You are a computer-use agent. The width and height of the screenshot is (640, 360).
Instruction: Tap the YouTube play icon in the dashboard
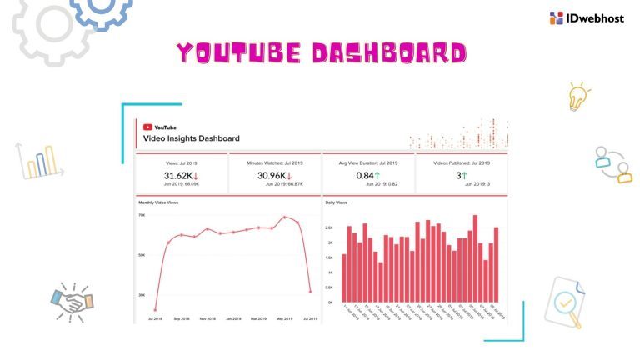point(147,127)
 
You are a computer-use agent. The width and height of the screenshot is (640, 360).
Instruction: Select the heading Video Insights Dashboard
point(192,138)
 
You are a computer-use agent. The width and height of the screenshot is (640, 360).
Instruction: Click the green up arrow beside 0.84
point(377,175)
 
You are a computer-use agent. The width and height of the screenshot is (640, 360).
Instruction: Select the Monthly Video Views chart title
point(158,202)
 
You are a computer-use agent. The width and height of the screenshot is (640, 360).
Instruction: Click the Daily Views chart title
point(337,202)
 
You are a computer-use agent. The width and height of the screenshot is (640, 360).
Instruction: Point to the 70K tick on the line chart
point(142,215)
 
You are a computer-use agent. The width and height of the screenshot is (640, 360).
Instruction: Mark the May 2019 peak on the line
point(285,217)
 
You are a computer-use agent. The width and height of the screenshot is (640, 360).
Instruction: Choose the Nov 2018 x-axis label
point(208,318)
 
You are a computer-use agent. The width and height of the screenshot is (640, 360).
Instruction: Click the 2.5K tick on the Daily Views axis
point(330,227)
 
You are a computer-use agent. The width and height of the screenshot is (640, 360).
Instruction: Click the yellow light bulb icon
point(577,96)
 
